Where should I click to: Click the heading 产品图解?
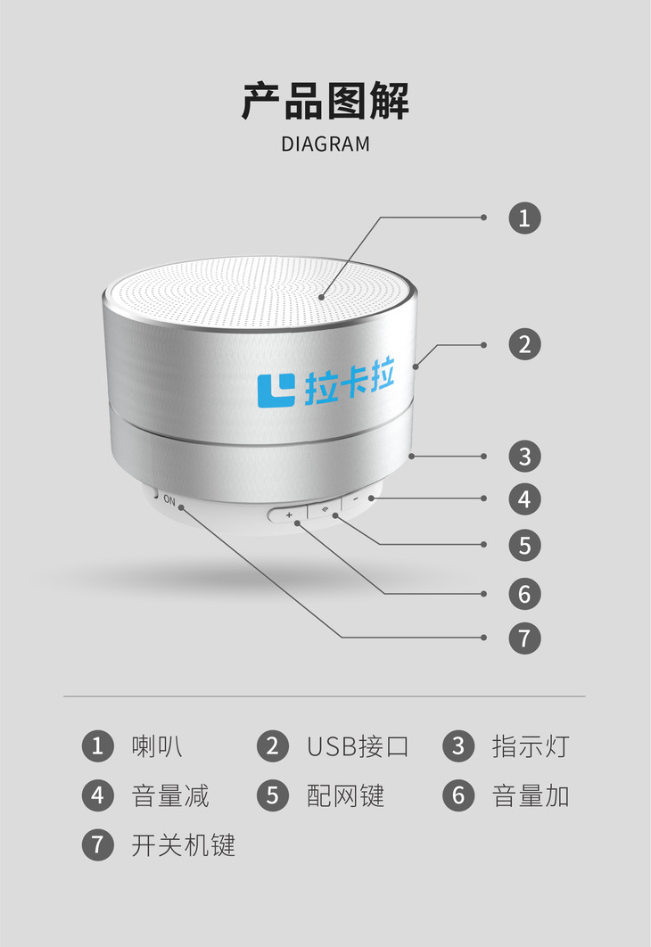[x=325, y=101]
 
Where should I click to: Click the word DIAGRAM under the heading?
[x=325, y=144]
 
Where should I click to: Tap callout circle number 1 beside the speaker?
[x=524, y=218]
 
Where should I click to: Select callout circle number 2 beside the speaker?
[x=524, y=344]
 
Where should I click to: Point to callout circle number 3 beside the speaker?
[x=524, y=456]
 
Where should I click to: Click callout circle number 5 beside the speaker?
[x=524, y=545]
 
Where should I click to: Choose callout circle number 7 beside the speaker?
[x=524, y=638]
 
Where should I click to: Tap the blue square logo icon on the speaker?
[x=276, y=391]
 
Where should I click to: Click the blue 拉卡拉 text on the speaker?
[x=350, y=380]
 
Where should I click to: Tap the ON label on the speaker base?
[x=169, y=500]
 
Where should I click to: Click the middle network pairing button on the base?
[x=325, y=510]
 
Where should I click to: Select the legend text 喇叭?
[x=157, y=746]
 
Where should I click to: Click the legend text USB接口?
[x=358, y=746]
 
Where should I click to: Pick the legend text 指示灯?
[x=531, y=746]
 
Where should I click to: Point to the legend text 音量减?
[x=170, y=796]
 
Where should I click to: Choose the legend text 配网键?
[x=345, y=796]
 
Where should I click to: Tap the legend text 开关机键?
[x=184, y=845]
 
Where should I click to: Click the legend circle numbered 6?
[x=458, y=795]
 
